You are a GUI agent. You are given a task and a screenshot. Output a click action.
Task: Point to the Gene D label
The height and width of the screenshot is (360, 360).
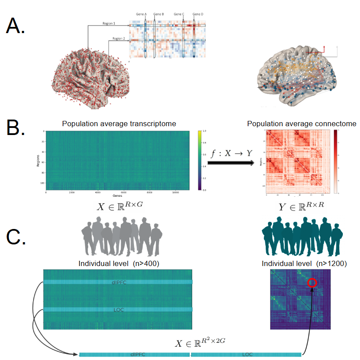[198, 14]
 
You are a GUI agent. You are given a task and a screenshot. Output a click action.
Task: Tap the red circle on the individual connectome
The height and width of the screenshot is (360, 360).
[312, 282]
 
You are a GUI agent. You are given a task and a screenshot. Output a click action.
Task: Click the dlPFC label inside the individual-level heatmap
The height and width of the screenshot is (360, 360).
[119, 281]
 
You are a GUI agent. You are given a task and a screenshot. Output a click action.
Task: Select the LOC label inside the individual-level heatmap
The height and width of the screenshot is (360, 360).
[119, 310]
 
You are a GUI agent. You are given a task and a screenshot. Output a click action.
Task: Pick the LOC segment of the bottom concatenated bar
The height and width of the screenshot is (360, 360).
[247, 354]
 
